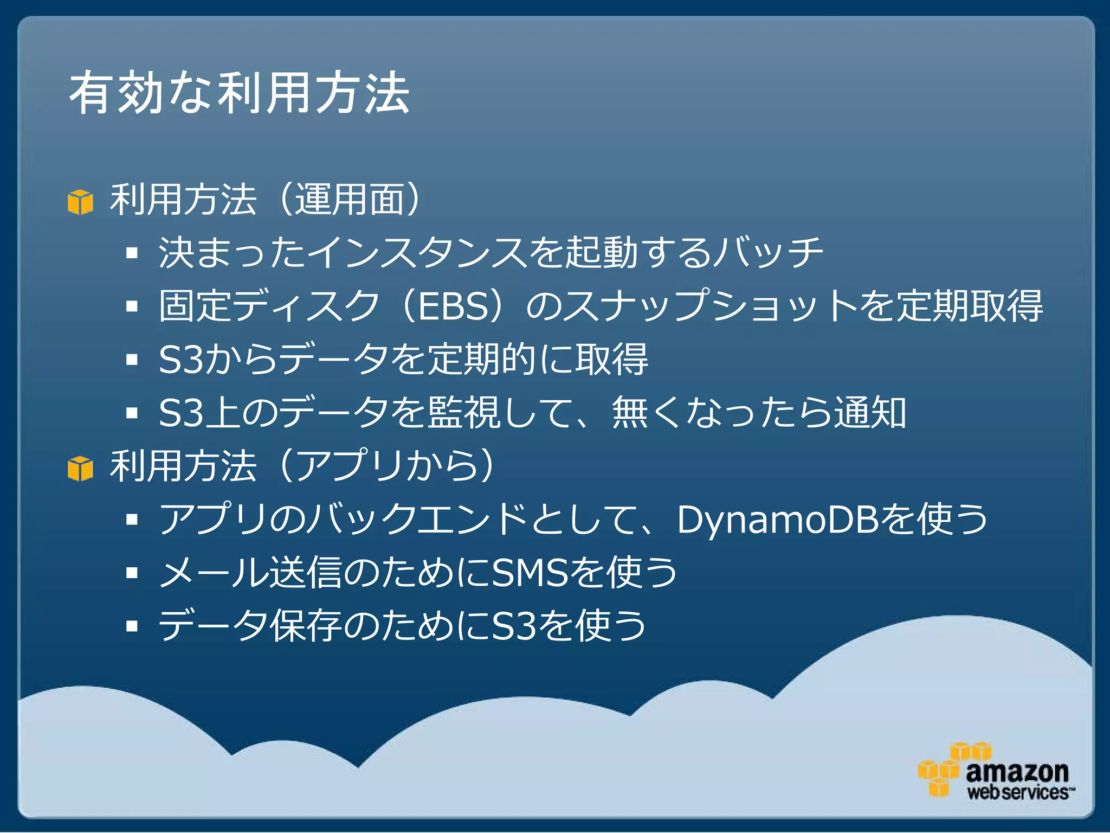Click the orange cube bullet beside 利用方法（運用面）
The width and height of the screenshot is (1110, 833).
pos(80,202)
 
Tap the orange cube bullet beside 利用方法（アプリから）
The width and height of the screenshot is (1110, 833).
pos(80,469)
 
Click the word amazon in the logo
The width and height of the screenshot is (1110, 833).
pos(1017,771)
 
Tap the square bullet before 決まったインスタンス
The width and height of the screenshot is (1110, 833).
pos(132,253)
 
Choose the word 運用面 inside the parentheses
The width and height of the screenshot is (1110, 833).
pos(350,200)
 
